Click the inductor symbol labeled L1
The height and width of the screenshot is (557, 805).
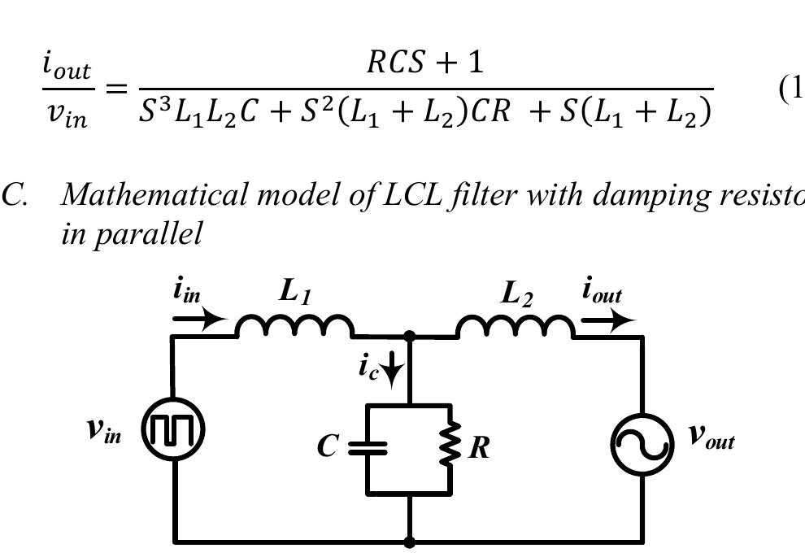pos(294,326)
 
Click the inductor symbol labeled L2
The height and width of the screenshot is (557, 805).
pos(515,326)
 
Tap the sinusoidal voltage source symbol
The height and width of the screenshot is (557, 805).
pos(642,444)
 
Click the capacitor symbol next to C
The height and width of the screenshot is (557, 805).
pos(368,447)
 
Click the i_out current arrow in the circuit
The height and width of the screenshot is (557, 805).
pos(608,320)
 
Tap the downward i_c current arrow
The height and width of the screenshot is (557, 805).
pos(393,372)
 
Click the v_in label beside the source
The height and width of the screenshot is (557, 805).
pos(105,430)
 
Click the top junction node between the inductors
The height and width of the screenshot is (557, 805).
pos(409,335)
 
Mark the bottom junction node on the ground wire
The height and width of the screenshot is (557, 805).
pos(409,542)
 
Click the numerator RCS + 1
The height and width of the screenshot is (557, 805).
pos(425,62)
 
